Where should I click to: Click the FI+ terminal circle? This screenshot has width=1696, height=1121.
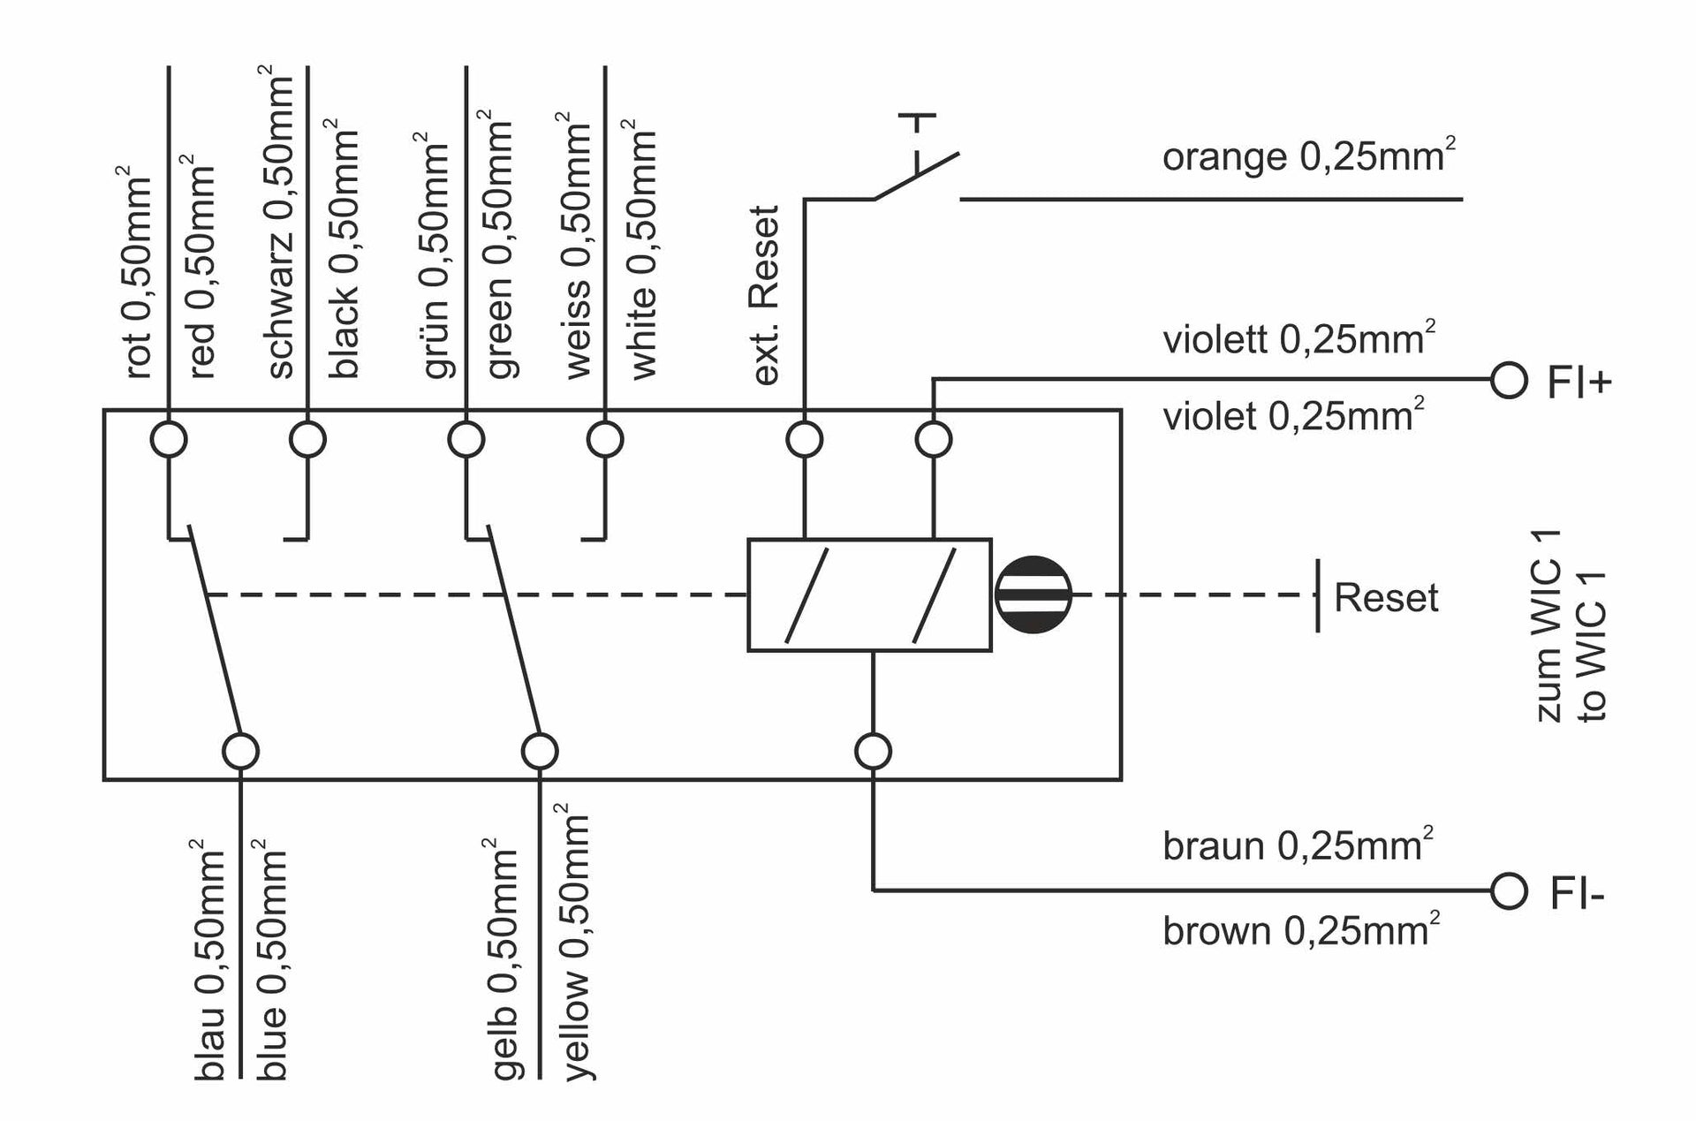[1509, 382]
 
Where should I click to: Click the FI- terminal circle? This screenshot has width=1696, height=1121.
[1509, 890]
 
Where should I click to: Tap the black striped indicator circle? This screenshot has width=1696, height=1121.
[1033, 595]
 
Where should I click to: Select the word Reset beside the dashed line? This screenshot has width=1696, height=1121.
[1385, 598]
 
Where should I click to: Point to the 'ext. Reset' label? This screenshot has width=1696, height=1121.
[765, 295]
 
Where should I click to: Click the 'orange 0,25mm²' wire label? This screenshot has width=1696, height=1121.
[1308, 156]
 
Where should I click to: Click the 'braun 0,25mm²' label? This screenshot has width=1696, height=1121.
[1297, 845]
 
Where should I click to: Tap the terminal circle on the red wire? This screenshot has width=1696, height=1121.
[169, 439]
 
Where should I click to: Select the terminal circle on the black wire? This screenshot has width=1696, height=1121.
[308, 439]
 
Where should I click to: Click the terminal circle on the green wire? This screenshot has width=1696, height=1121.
[466, 439]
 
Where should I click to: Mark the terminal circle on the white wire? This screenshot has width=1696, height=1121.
[605, 439]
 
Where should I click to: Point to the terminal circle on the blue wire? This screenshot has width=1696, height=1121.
[240, 752]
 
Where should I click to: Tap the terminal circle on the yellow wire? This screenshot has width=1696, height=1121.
[540, 752]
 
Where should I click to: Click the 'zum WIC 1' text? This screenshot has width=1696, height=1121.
[1549, 625]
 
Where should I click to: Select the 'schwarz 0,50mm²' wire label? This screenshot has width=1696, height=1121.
[281, 227]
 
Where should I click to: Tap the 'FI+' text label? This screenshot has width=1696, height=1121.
[1579, 383]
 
